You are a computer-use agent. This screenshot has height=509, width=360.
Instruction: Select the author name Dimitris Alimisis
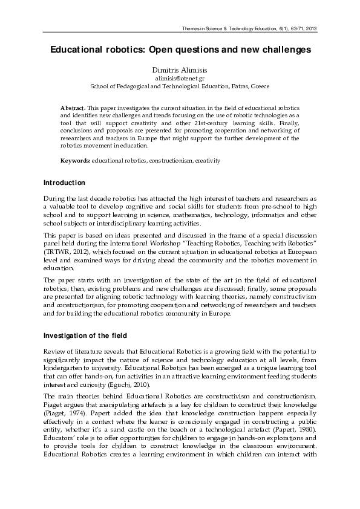180,71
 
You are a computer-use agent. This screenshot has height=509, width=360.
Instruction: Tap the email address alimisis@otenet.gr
180,79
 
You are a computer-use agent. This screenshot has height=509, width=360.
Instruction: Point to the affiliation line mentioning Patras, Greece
180,86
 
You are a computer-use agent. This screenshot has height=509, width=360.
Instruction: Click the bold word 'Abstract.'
73,106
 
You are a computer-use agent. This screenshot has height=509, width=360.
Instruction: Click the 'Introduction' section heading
64,183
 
